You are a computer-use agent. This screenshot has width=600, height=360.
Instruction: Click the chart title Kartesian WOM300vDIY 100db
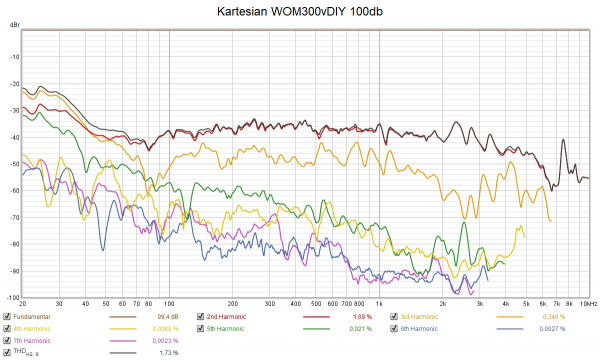[x=300, y=13]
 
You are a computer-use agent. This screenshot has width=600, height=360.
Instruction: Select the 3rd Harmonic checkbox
[x=395, y=316]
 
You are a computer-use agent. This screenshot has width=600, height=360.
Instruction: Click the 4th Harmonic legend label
[x=31, y=328]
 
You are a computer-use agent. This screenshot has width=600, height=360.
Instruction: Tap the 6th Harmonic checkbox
[x=395, y=328]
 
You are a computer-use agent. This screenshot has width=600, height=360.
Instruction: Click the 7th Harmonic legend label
[x=31, y=340]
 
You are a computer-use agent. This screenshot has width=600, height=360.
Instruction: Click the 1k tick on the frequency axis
[x=377, y=303]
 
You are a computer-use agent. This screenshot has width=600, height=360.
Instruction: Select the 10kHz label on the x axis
[x=588, y=303]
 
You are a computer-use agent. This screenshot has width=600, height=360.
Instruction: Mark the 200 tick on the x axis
[x=231, y=303]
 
